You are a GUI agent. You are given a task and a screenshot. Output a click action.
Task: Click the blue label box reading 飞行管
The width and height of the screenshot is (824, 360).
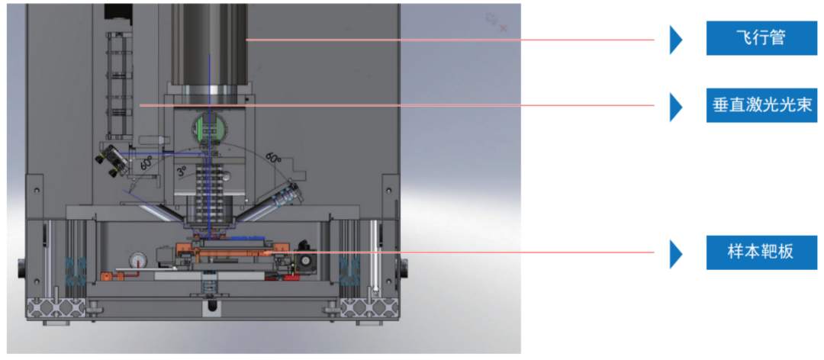click(761, 38)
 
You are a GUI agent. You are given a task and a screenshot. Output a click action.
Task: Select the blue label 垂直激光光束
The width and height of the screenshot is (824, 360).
click(761, 105)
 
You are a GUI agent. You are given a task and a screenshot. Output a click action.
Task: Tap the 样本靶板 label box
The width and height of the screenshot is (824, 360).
click(761, 252)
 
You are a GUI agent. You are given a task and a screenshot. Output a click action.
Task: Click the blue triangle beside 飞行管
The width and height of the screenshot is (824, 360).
click(676, 39)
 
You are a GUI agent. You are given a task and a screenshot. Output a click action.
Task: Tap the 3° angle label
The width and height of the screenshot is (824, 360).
click(182, 172)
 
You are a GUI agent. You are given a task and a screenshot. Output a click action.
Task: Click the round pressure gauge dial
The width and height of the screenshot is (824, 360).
click(137, 259)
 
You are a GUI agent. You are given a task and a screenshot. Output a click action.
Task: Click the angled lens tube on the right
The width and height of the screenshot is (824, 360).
click(278, 198)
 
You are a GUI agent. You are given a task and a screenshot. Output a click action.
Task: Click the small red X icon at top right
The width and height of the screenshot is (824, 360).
click(503, 28)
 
